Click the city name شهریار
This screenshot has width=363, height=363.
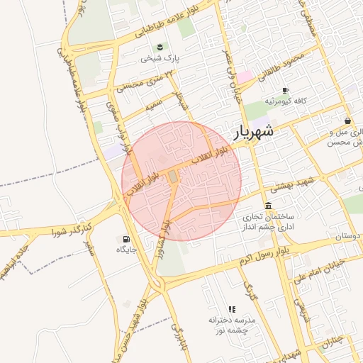[x=252, y=132]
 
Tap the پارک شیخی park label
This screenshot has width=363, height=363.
[x=157, y=59]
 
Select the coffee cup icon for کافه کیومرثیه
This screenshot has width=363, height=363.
[x=285, y=91]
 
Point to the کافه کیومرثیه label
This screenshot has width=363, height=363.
[x=286, y=101]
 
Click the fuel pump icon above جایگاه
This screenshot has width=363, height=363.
[x=126, y=239]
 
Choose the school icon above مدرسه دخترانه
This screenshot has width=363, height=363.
[x=232, y=309]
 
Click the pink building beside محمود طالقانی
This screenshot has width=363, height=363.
[x=244, y=76]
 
